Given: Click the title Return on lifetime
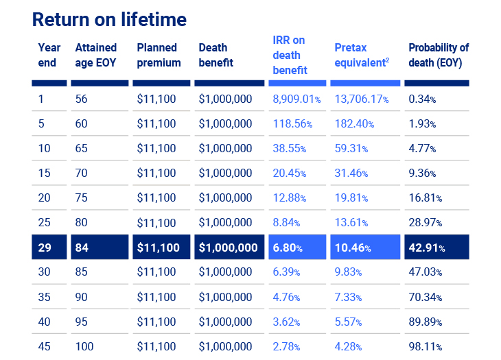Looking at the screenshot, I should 109,19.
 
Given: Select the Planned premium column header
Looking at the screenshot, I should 159,56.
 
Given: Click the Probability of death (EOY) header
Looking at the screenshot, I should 438,56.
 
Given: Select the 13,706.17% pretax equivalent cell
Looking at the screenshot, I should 362,99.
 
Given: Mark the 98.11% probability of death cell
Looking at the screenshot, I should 426,347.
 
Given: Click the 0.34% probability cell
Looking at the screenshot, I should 422,99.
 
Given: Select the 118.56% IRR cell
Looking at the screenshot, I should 292,124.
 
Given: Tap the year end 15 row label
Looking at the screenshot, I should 44,173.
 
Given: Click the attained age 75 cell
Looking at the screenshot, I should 81,198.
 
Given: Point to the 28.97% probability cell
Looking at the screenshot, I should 426,223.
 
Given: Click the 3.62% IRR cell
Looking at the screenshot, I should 286,322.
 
